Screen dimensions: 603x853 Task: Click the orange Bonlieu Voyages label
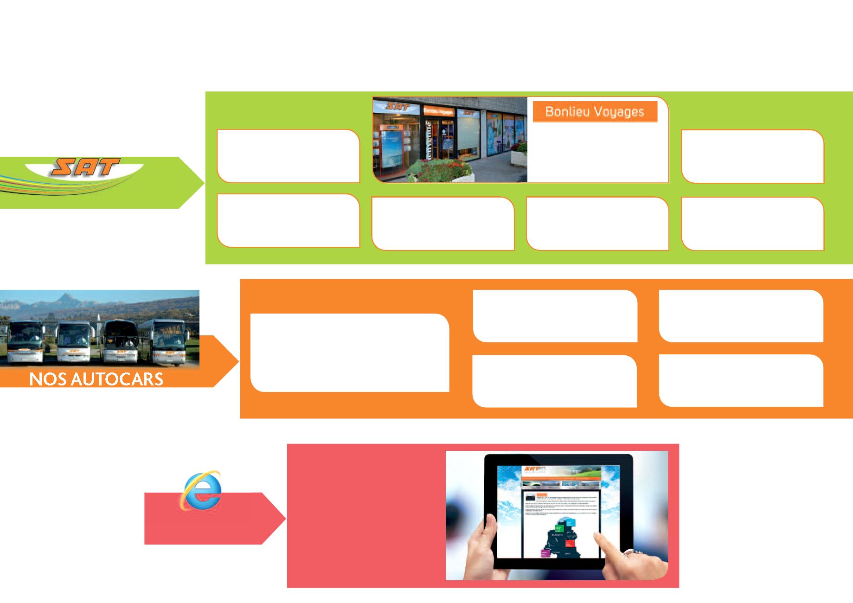(595, 112)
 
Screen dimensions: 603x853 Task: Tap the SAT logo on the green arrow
(86, 167)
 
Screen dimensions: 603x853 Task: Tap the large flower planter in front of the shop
(438, 170)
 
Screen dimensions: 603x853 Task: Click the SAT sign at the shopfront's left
(397, 106)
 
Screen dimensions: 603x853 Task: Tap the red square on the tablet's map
(570, 543)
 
